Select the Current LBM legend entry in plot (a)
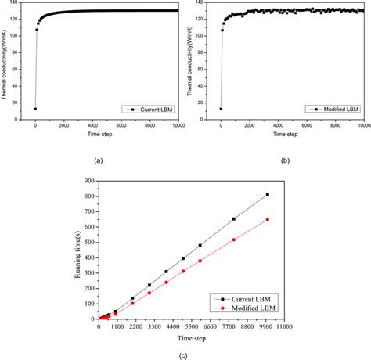(x=149, y=108)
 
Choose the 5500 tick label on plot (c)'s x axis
(x=191, y=326)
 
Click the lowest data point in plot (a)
(x=35, y=109)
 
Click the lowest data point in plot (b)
(x=221, y=109)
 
